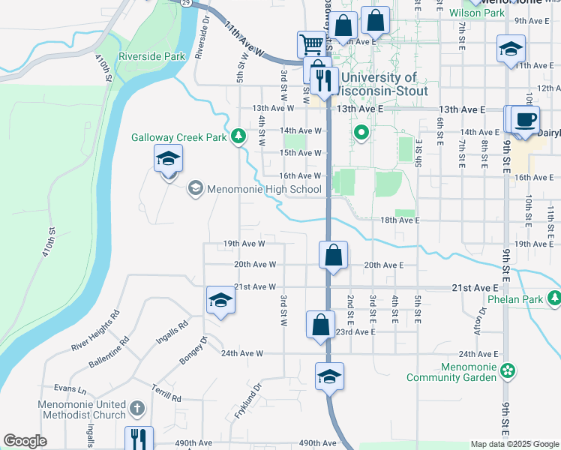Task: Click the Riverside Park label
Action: [x=151, y=56]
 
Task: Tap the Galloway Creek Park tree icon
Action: [x=238, y=136]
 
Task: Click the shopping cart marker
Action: [x=310, y=44]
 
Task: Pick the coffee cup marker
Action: [x=526, y=119]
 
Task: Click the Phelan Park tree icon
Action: [x=553, y=298]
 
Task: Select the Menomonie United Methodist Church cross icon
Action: [x=136, y=409]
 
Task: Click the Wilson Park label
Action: [x=477, y=13]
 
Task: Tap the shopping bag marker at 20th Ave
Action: [x=333, y=255]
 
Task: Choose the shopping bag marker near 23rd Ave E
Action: [x=320, y=325]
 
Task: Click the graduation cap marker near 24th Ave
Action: [x=329, y=376]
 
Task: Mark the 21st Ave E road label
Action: [x=475, y=288]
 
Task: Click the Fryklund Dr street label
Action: [x=247, y=402]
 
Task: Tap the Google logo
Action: [x=25, y=441]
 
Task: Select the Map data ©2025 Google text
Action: [x=514, y=444]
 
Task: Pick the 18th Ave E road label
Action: [x=398, y=221]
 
